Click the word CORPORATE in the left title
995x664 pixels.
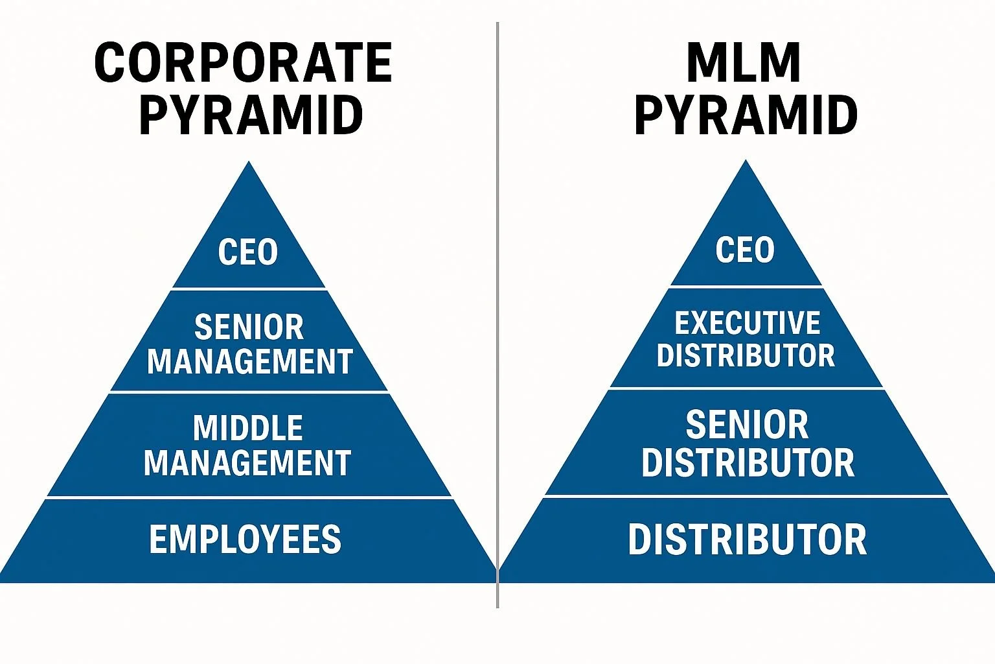244,63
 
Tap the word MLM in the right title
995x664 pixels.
744,63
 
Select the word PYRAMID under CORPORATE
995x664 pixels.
251,115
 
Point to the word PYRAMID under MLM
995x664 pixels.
746,115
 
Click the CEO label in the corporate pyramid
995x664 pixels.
248,252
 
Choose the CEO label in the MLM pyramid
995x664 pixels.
745,250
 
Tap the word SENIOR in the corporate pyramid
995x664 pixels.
249,327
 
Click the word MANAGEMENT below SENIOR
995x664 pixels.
250,361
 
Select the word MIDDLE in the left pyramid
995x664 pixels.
248,428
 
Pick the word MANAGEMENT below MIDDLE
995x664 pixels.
247,463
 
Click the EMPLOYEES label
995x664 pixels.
245,539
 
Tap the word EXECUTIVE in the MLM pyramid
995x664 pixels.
747,323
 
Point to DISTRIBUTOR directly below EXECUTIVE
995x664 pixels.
746,355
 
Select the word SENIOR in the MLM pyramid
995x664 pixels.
747,425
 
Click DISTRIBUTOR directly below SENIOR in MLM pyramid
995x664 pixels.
748,462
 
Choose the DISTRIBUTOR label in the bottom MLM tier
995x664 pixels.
747,539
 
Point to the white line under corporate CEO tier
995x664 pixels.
249,288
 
